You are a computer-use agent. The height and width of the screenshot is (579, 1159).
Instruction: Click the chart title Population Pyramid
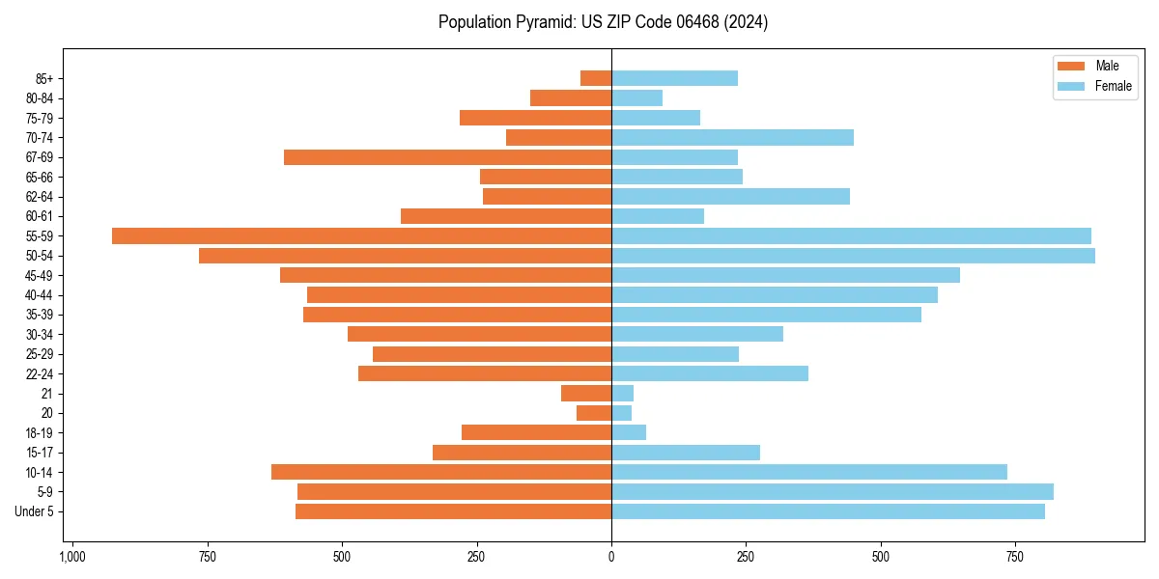pos(603,22)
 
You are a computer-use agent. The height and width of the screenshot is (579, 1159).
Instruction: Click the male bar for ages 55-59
pos(361,235)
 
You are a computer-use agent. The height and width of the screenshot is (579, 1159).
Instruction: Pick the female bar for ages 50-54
pos(853,256)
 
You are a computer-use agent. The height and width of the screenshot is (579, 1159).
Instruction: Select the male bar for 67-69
pos(447,157)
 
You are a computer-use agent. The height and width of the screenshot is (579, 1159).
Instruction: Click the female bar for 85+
pos(674,78)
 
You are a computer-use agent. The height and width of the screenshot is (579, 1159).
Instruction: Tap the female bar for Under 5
pos(828,511)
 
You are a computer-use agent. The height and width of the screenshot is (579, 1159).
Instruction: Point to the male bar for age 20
pos(594,413)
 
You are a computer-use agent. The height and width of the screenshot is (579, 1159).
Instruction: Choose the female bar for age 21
pos(622,393)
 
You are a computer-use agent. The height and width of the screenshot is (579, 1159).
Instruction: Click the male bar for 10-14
pos(441,472)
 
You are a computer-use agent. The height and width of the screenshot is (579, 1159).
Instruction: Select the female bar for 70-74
pos(732,137)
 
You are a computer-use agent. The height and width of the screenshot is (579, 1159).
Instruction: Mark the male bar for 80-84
pos(571,97)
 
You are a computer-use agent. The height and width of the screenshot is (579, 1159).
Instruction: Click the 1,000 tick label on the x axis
pos(72,557)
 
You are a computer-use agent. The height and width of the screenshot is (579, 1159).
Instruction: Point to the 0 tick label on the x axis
pos(611,557)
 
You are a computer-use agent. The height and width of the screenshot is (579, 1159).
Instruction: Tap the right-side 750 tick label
pos(1014,557)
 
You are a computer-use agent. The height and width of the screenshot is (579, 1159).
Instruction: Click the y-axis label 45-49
pos(40,275)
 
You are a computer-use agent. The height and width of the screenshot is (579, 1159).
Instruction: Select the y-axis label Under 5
pos(35,511)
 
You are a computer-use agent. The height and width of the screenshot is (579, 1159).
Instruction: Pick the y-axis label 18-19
pos(40,432)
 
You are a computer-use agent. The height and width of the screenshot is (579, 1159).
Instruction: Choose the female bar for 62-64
pos(730,197)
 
